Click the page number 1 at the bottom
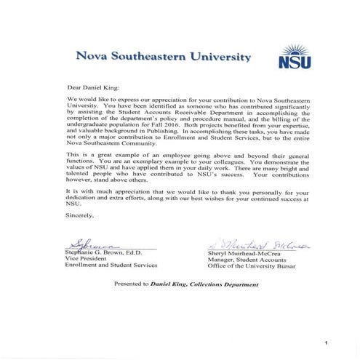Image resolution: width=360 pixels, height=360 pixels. pyautogui.click(x=328, y=341)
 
